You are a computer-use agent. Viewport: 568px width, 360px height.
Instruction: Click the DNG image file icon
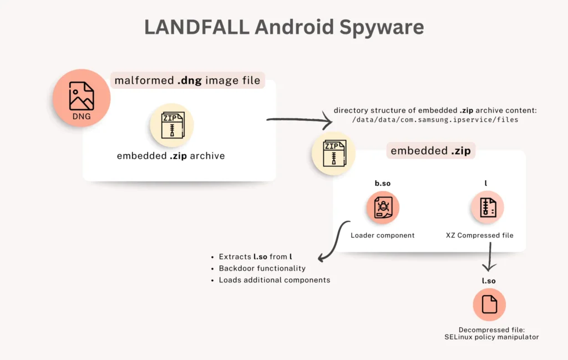click(x=82, y=98)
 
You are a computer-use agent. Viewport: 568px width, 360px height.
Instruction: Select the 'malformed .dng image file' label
click(x=187, y=80)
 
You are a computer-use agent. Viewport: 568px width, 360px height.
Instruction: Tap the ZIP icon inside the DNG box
click(x=171, y=125)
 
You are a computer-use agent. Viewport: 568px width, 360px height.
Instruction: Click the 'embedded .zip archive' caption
click(x=171, y=156)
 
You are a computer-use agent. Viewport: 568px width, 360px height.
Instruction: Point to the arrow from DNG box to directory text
click(x=297, y=118)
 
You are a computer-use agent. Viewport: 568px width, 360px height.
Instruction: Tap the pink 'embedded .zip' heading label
click(x=430, y=151)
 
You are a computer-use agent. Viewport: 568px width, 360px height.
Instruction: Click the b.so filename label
click(x=382, y=182)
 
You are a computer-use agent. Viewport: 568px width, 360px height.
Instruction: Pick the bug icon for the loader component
click(x=382, y=207)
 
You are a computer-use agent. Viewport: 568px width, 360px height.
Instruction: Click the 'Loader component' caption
click(x=382, y=235)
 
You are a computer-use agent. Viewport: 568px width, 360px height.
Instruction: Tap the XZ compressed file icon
click(x=488, y=207)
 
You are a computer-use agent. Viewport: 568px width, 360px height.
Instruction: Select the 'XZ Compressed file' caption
click(x=479, y=235)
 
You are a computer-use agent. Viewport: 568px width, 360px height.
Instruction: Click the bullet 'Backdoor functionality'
click(x=262, y=268)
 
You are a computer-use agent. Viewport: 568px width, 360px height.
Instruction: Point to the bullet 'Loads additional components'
click(x=275, y=280)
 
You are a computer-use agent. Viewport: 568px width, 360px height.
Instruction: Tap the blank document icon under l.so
click(x=489, y=305)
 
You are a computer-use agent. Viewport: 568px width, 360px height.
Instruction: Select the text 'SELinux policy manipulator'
click(x=491, y=337)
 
